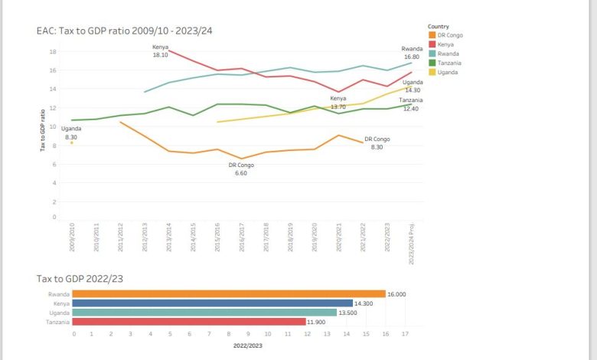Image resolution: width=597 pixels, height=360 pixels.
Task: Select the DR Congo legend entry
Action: click(449, 35)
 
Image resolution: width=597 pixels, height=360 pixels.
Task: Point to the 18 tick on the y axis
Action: click(53, 51)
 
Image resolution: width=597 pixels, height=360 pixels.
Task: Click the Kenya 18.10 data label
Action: click(161, 51)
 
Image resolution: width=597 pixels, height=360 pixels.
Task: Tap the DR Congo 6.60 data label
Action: click(243, 169)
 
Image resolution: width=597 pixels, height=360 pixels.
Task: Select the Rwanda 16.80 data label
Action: click(412, 52)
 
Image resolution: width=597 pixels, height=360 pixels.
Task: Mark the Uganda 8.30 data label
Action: click(71, 133)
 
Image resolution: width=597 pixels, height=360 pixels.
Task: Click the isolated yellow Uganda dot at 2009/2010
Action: click(72, 142)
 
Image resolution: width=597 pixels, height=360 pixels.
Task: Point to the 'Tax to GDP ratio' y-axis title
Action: click(43, 130)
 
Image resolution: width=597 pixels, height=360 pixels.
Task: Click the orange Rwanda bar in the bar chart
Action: click(230, 293)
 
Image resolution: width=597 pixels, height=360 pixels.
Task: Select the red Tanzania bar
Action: click(190, 322)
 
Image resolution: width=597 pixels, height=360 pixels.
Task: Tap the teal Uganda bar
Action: click(205, 313)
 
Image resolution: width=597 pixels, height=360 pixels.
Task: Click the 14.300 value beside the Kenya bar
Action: click(364, 303)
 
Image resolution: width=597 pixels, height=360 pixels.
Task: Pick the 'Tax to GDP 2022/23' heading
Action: click(80, 279)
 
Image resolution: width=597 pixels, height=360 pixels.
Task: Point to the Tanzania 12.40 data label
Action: click(410, 104)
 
